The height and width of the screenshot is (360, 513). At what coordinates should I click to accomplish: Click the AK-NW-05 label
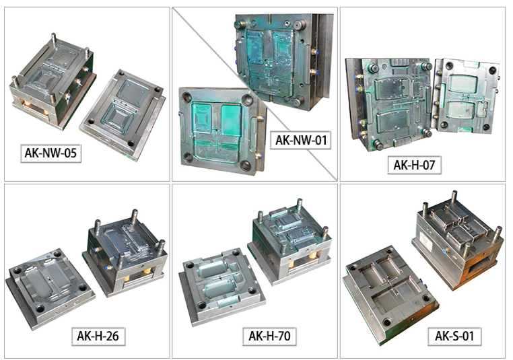click(50, 153)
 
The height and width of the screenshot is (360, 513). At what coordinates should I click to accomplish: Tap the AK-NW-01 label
click(301, 140)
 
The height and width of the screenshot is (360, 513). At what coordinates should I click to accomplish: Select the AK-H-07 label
click(414, 165)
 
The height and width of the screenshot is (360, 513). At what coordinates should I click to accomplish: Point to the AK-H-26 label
click(98, 336)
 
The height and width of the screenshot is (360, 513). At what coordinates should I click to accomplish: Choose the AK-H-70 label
click(269, 336)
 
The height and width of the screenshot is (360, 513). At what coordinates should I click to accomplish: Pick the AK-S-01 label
click(454, 336)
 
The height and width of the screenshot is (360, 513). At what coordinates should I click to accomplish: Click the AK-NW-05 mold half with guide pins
click(53, 81)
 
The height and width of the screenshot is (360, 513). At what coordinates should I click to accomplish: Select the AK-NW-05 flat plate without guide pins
click(123, 114)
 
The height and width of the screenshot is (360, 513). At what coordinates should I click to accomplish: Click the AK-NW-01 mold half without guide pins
click(222, 130)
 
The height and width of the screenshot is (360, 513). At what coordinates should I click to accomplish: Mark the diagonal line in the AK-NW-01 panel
click(254, 94)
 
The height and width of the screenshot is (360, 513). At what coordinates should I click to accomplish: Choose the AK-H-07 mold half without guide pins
click(467, 96)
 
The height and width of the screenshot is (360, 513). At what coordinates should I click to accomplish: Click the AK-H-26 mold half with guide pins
click(125, 252)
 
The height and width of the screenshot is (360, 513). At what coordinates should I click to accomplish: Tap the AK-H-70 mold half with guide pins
click(290, 241)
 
